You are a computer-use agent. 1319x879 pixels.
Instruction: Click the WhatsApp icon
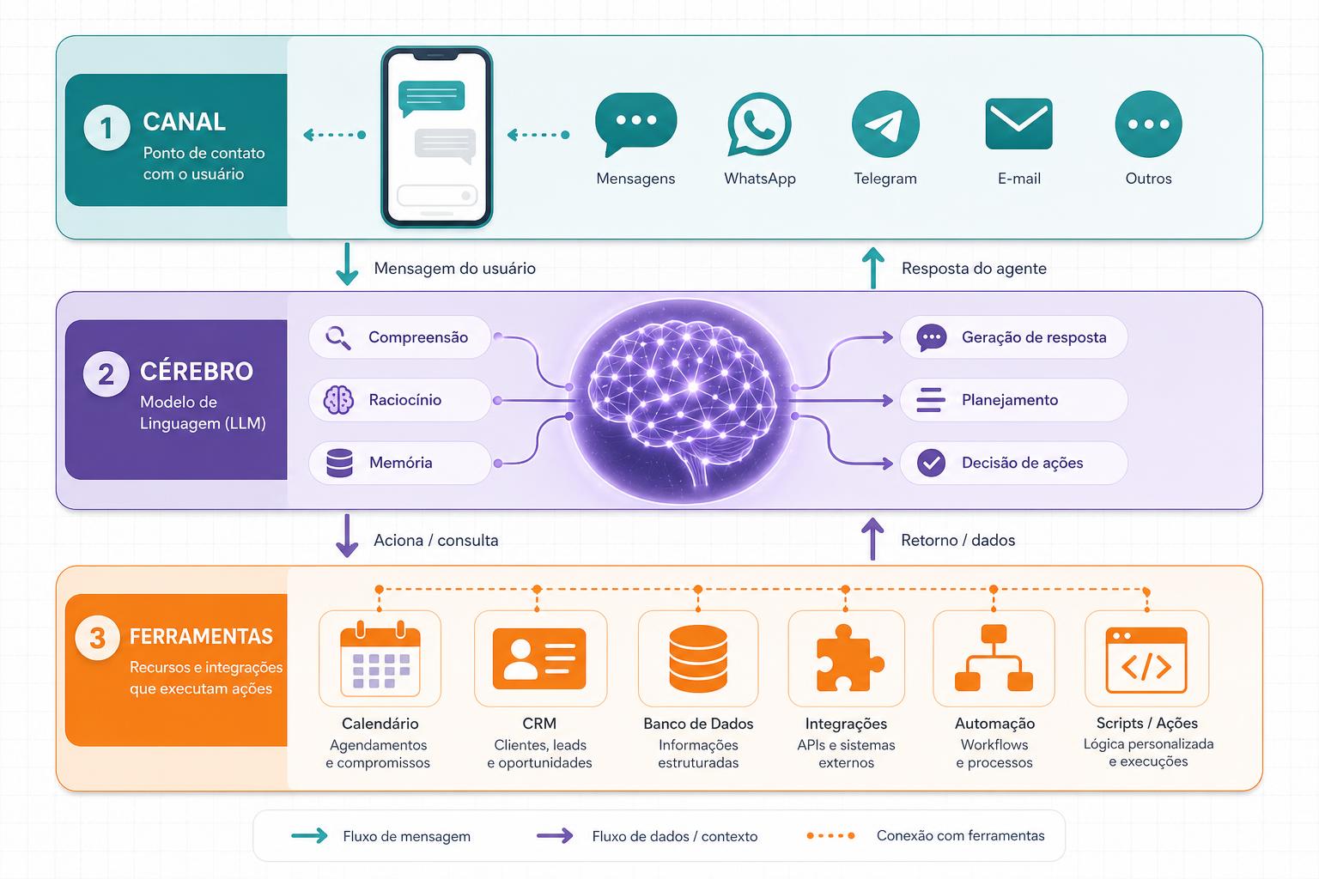[760, 124]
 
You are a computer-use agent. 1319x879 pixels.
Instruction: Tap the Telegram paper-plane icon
[885, 124]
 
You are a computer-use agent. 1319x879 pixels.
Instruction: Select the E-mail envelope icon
[1018, 124]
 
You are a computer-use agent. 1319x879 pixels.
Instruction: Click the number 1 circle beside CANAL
[106, 128]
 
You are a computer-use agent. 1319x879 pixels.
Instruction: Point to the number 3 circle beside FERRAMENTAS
[98, 638]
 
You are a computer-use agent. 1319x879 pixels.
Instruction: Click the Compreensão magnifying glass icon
[338, 338]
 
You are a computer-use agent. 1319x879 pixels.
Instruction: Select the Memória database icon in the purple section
[340, 463]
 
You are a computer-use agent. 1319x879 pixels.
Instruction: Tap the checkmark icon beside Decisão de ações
[931, 463]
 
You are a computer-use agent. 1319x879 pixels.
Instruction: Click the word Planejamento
[1010, 400]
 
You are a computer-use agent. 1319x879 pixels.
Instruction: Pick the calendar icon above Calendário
[380, 658]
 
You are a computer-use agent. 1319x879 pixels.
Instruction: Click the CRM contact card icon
[539, 658]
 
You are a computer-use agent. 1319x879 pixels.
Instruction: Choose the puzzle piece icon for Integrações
[849, 658]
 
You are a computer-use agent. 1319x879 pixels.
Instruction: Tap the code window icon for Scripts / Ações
[1146, 660]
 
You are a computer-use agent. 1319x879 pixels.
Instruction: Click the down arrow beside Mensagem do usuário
[347, 264]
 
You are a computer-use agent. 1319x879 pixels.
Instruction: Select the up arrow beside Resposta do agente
[873, 268]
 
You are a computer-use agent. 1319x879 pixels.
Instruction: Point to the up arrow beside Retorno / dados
[872, 539]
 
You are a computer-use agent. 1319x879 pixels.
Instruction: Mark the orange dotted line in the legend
[831, 835]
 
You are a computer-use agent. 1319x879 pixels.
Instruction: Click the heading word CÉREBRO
[197, 372]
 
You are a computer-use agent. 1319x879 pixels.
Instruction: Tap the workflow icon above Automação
[994, 658]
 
